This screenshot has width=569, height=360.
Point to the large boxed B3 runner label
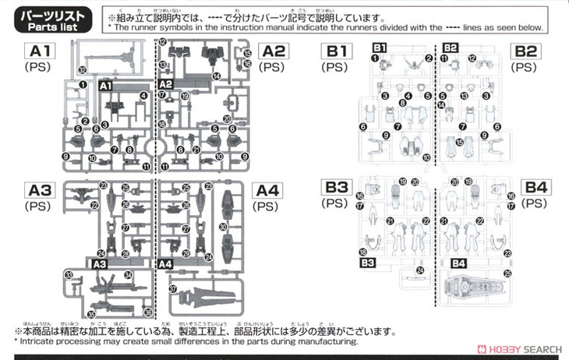pyautogui.click(x=337, y=188)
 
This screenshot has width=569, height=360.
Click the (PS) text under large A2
pyautogui.click(x=272, y=68)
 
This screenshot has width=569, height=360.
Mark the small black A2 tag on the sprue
pyautogui.click(x=165, y=83)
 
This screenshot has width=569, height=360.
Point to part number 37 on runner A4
pyautogui.click(x=172, y=288)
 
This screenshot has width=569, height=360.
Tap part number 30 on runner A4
pyautogui.click(x=223, y=226)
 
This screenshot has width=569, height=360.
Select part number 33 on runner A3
pyautogui.click(x=69, y=275)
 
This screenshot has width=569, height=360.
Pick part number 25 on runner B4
pyautogui.click(x=507, y=274)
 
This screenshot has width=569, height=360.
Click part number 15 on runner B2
pyautogui.click(x=460, y=142)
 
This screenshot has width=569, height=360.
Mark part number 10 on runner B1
pyautogui.click(x=426, y=158)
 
